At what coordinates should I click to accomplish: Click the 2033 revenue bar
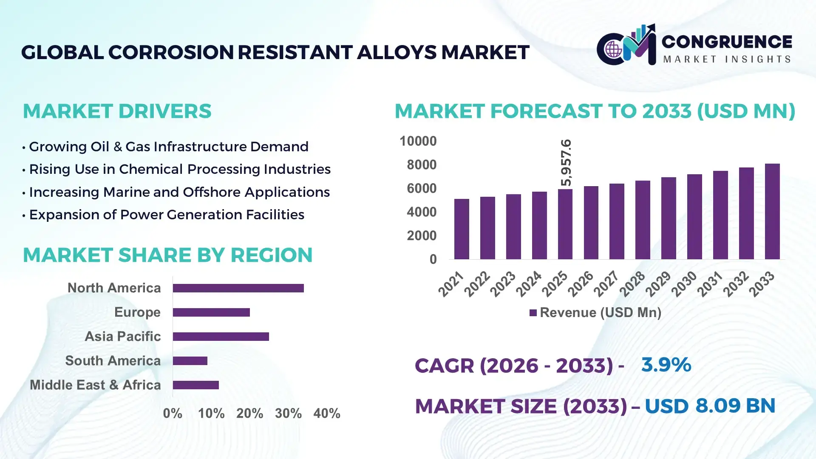[772, 212]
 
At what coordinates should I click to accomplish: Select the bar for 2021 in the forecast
[462, 229]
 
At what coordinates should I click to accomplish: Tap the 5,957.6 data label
[566, 163]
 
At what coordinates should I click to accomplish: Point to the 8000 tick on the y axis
[421, 165]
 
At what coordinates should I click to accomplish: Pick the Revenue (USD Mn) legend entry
[595, 313]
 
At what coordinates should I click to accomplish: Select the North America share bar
[238, 288]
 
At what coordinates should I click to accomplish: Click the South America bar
[190, 361]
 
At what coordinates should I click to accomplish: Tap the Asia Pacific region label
[122, 337]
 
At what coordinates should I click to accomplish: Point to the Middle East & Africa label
[95, 385]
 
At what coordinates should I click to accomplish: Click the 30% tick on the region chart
[288, 414]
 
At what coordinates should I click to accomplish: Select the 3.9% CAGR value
[666, 365]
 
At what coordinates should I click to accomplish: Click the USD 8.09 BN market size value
[710, 406]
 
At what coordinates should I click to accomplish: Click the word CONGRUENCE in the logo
[727, 42]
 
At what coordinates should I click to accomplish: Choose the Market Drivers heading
[117, 111]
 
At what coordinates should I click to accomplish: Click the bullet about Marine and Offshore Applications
[179, 192]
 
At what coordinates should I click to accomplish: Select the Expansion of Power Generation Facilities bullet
[166, 215]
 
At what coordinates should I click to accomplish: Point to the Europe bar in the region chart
[211, 312]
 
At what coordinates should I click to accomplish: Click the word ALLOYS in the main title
[396, 52]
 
